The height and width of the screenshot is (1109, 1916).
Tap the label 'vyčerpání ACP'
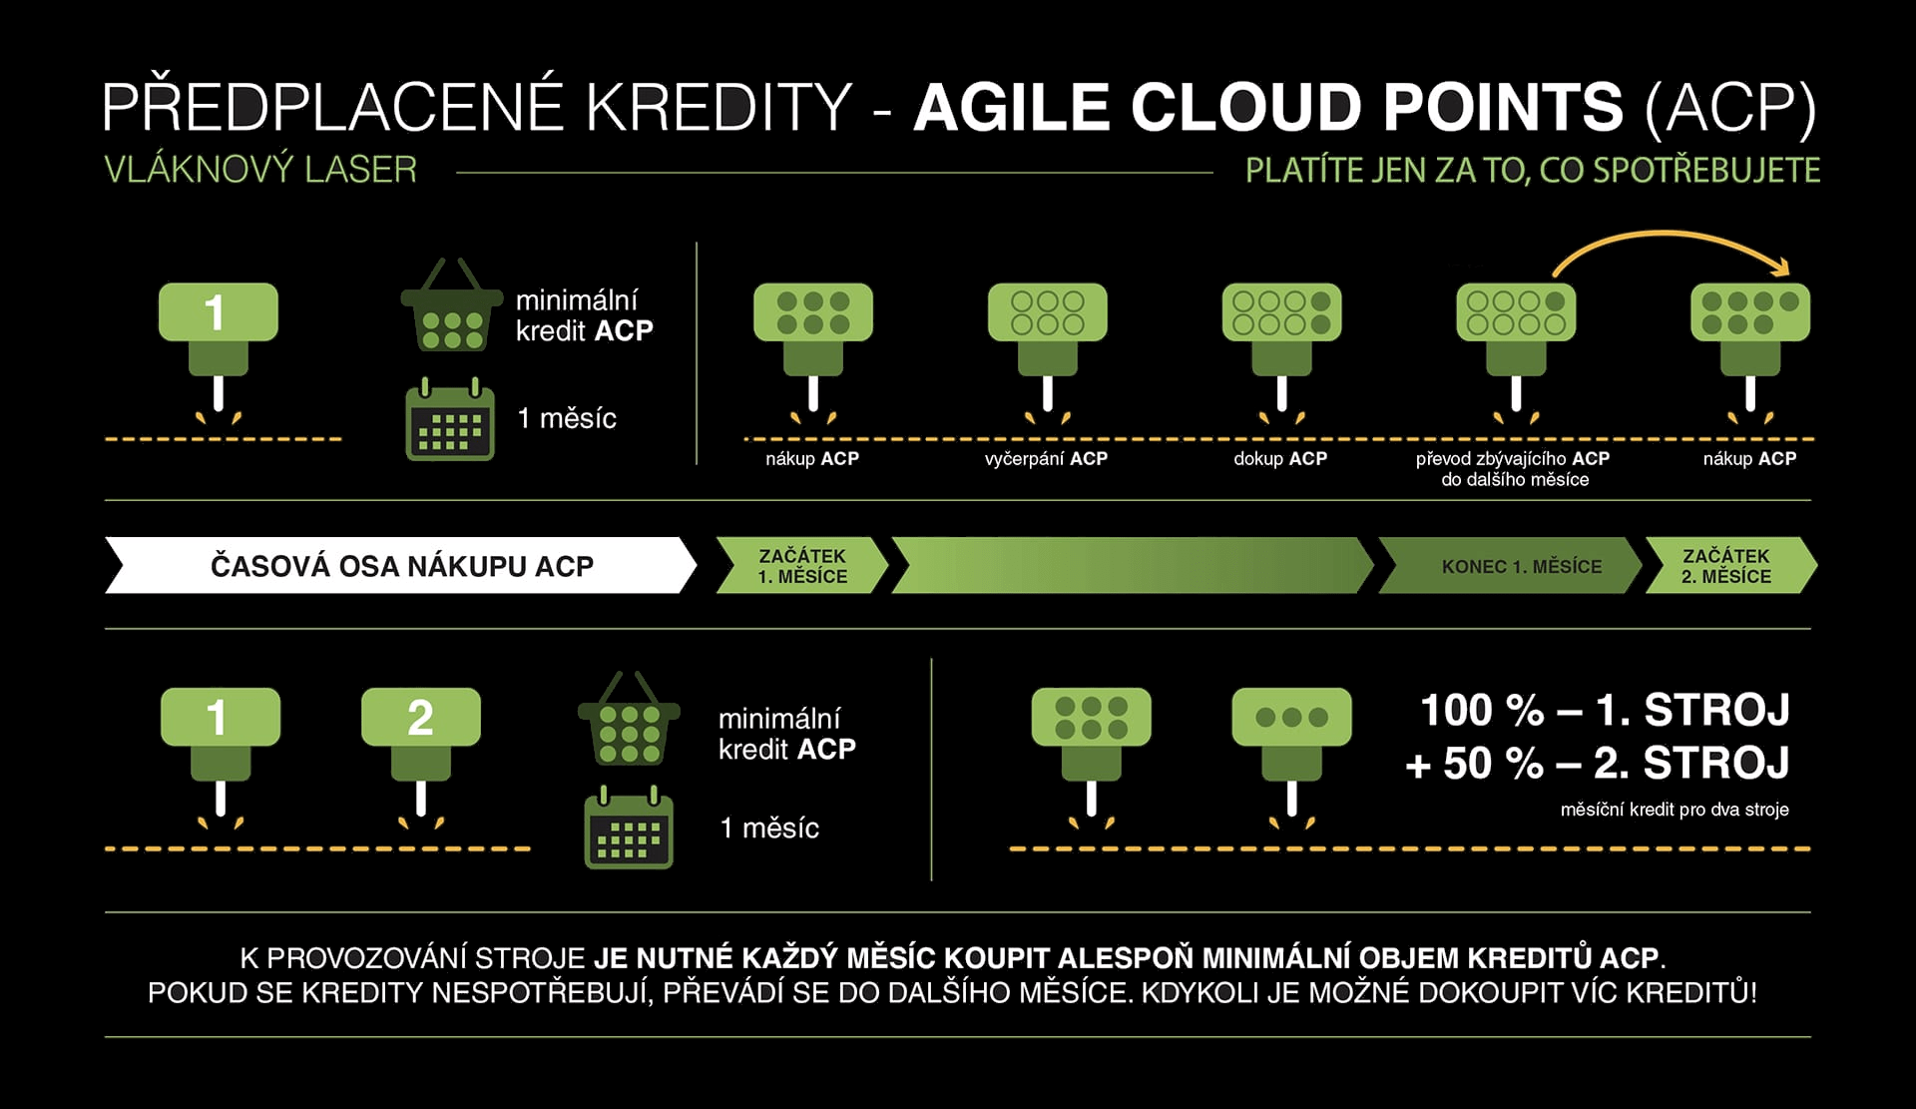[x=1046, y=459]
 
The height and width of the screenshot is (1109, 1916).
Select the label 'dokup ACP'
[x=1280, y=459]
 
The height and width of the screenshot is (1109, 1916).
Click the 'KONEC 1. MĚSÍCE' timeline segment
[x=1510, y=566]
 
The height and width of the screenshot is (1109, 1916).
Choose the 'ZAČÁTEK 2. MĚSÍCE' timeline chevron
[x=1730, y=566]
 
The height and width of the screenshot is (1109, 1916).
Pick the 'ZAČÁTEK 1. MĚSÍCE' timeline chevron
[x=802, y=566]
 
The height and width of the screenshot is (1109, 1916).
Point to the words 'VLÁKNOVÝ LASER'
[x=260, y=170]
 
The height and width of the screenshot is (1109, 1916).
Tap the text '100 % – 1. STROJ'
[x=1605, y=711]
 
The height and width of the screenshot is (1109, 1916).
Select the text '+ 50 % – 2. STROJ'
[x=1597, y=764]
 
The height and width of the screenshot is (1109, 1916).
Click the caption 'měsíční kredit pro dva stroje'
[x=1675, y=810]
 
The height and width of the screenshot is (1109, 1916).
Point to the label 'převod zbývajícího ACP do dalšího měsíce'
[x=1514, y=469]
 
